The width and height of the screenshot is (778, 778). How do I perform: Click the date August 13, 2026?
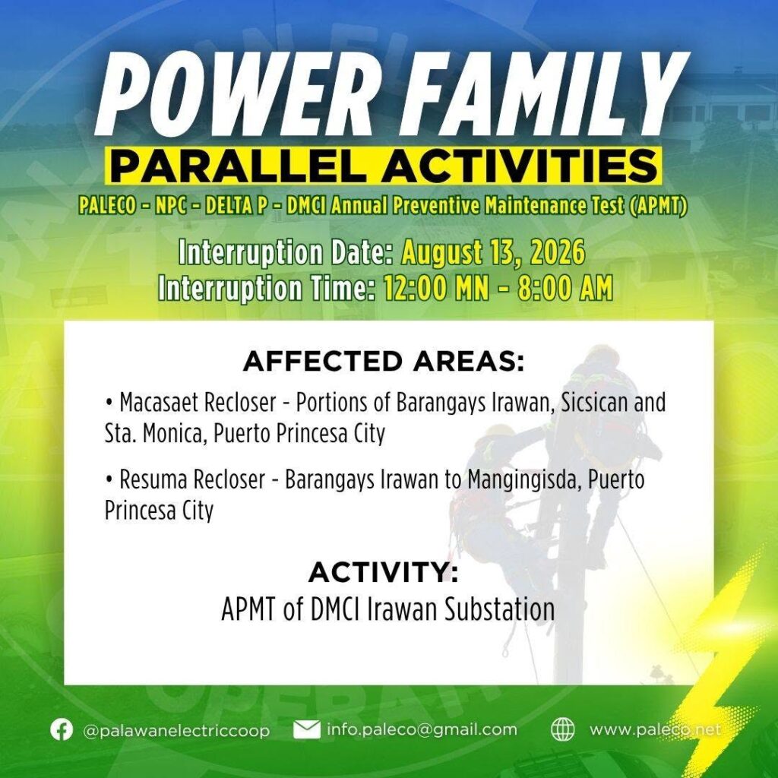point(493,252)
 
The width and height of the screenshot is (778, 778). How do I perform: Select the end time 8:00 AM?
point(565,288)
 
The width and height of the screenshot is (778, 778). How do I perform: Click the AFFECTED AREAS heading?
point(384,361)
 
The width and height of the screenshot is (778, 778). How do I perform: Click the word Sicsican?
point(593,403)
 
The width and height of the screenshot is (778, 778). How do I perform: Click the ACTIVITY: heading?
point(384,572)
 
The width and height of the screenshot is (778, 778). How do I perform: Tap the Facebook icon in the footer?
point(62,729)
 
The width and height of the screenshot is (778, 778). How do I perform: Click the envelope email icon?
point(307,729)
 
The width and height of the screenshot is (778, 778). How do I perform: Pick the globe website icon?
point(563,729)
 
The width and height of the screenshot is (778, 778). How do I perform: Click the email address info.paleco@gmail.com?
point(422,729)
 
